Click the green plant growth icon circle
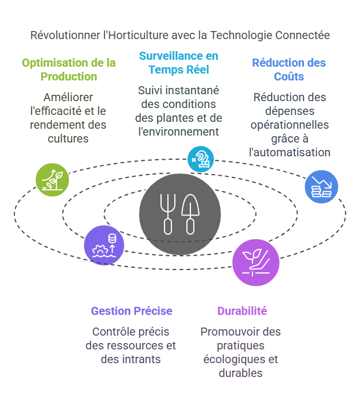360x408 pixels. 52,180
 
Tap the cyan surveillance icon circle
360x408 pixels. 201,159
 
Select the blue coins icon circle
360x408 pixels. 321,187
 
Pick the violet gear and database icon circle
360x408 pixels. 104,245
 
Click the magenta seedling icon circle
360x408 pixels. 256,263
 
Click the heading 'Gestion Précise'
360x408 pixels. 132,311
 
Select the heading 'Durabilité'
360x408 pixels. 242,311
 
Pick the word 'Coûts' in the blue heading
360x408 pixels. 289,76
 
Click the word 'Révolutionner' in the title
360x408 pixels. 65,36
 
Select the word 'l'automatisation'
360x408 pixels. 290,152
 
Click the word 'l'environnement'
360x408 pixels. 178,132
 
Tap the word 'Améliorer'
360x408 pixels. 68,97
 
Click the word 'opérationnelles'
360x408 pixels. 290,125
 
